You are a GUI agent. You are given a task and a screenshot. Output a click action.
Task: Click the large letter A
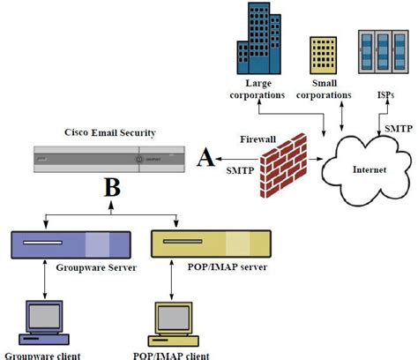pos(206,159)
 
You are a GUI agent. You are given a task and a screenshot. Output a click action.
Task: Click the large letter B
pos(112,188)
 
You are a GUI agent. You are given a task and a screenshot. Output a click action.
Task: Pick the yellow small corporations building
pos(323,54)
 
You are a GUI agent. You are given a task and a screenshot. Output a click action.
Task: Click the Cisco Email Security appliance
pos(111,159)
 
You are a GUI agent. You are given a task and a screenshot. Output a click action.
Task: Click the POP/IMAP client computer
pos(173,323)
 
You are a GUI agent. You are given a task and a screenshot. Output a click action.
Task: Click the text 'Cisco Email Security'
pos(110,132)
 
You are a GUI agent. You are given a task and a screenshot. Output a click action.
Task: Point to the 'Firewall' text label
pos(258,139)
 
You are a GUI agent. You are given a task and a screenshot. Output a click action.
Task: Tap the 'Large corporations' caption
pos(258,89)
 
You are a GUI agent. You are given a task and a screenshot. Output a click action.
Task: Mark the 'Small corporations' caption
pos(325,89)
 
